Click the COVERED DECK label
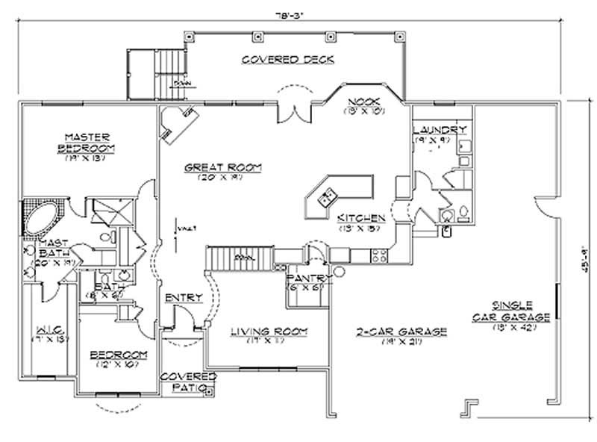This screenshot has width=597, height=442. coord(287,60)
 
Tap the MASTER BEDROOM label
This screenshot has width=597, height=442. coord(87,142)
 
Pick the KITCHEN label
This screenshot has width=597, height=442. coord(361,218)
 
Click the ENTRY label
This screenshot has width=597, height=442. coord(184,297)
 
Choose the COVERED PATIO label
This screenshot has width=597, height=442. coord(188,382)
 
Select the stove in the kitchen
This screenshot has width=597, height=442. coord(378,257)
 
